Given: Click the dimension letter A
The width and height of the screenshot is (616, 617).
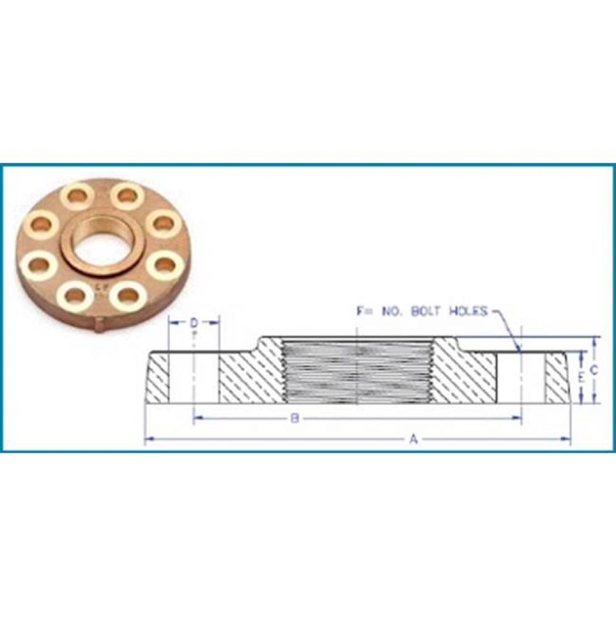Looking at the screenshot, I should tap(414, 439).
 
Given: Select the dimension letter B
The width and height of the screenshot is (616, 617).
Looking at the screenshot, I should tap(295, 418).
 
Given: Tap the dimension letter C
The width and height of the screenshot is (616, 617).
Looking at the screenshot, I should tap(594, 370).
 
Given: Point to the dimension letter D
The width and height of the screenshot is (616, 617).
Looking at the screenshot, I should tap(193, 323).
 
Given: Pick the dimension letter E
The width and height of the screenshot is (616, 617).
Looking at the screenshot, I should tap(580, 378).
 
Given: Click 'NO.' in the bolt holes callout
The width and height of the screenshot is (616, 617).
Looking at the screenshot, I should tap(393, 312).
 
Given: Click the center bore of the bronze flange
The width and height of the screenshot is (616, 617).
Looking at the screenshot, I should tap(99, 238).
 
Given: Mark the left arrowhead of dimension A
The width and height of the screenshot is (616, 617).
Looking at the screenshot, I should tap(147, 439).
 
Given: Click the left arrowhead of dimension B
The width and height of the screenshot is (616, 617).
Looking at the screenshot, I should tap(196, 418).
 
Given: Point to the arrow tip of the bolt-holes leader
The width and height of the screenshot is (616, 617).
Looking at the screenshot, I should tap(520, 350).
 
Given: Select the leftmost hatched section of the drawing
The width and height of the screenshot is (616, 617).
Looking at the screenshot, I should tap(157, 378).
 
